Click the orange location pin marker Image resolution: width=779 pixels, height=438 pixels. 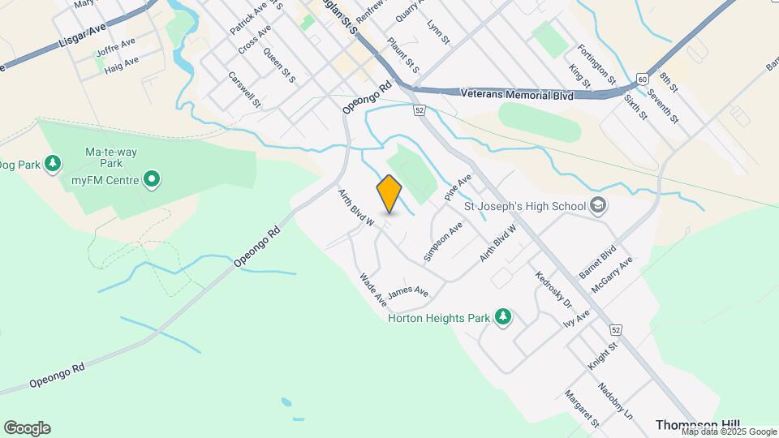[389, 193]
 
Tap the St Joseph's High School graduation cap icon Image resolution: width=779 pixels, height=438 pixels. [599, 204]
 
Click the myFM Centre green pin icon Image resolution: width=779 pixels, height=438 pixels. [151, 178]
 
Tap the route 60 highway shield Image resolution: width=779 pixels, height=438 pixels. [643, 79]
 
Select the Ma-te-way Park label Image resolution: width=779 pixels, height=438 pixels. [103, 157]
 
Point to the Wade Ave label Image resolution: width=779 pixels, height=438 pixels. [373, 290]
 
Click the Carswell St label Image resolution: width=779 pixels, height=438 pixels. [244, 90]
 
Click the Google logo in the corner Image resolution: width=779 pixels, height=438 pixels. [27, 428]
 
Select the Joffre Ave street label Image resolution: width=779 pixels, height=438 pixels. [115, 46]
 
